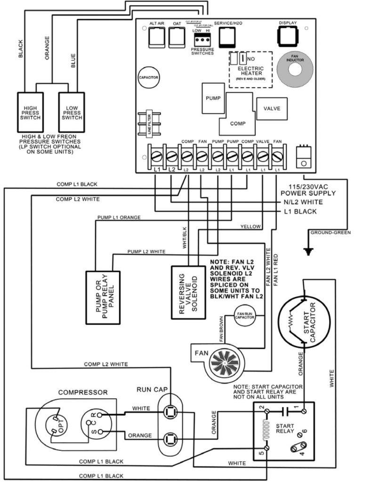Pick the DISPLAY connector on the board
[288, 35]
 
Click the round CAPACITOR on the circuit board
[148, 77]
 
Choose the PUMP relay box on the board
[210, 98]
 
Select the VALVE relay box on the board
[272, 109]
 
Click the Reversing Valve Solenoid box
[187, 292]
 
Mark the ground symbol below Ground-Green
[308, 250]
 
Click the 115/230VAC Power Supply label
[308, 190]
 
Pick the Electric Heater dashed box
[250, 69]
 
